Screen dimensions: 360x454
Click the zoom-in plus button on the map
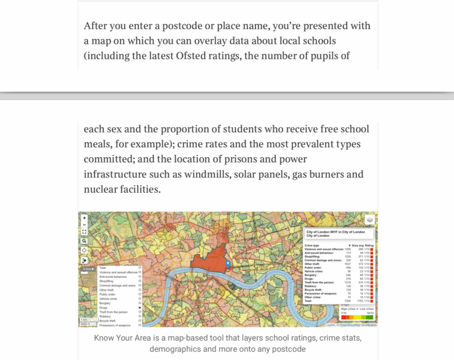pos(85,218)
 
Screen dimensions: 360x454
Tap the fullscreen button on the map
pos(85,232)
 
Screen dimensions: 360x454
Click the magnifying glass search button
pos(85,241)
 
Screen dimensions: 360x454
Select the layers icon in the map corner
pos(369,220)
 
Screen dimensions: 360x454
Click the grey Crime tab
pos(88,269)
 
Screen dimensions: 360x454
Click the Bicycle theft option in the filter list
pos(108,320)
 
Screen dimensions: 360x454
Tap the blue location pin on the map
pos(228,264)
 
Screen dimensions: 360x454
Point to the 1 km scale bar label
pos(84,320)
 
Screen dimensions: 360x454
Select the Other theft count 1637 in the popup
pos(348,264)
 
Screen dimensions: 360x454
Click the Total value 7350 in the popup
pos(348,300)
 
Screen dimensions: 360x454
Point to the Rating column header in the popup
pos(369,245)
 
